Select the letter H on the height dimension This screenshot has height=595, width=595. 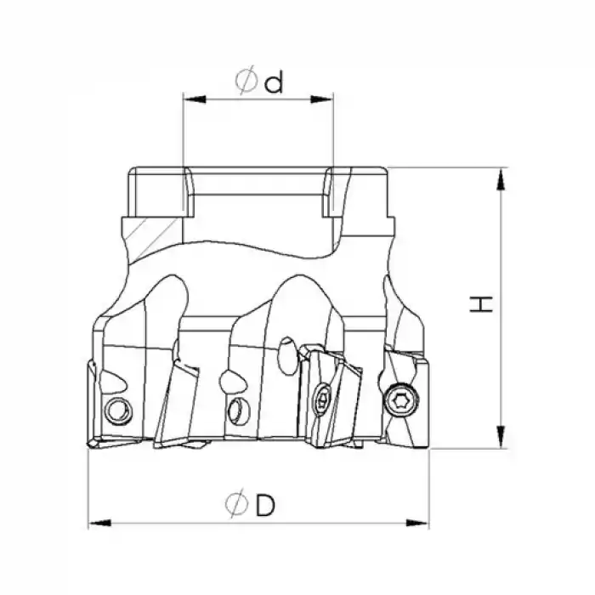pyautogui.click(x=482, y=305)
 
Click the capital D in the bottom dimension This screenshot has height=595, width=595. pyautogui.click(x=265, y=506)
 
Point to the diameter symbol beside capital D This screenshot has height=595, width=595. pyautogui.click(x=236, y=506)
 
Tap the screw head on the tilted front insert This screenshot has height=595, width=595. pyautogui.click(x=324, y=399)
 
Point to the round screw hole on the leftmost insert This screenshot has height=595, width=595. pyautogui.click(x=118, y=412)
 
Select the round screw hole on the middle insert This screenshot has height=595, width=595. pyautogui.click(x=235, y=412)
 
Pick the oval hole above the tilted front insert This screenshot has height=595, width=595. pyautogui.click(x=286, y=348)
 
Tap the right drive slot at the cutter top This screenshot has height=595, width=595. pyautogui.click(x=334, y=194)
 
